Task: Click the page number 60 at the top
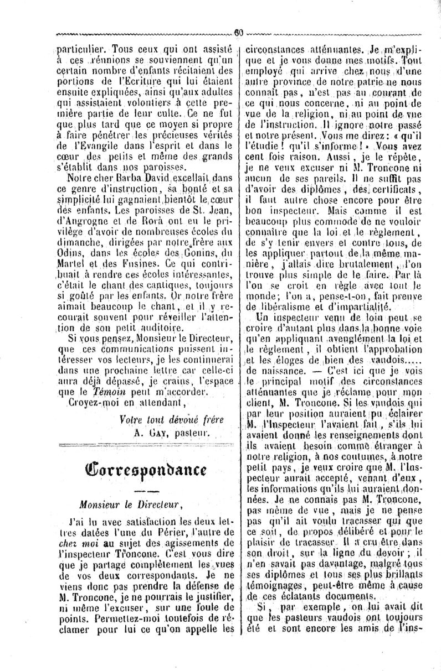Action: [x=238, y=32]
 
